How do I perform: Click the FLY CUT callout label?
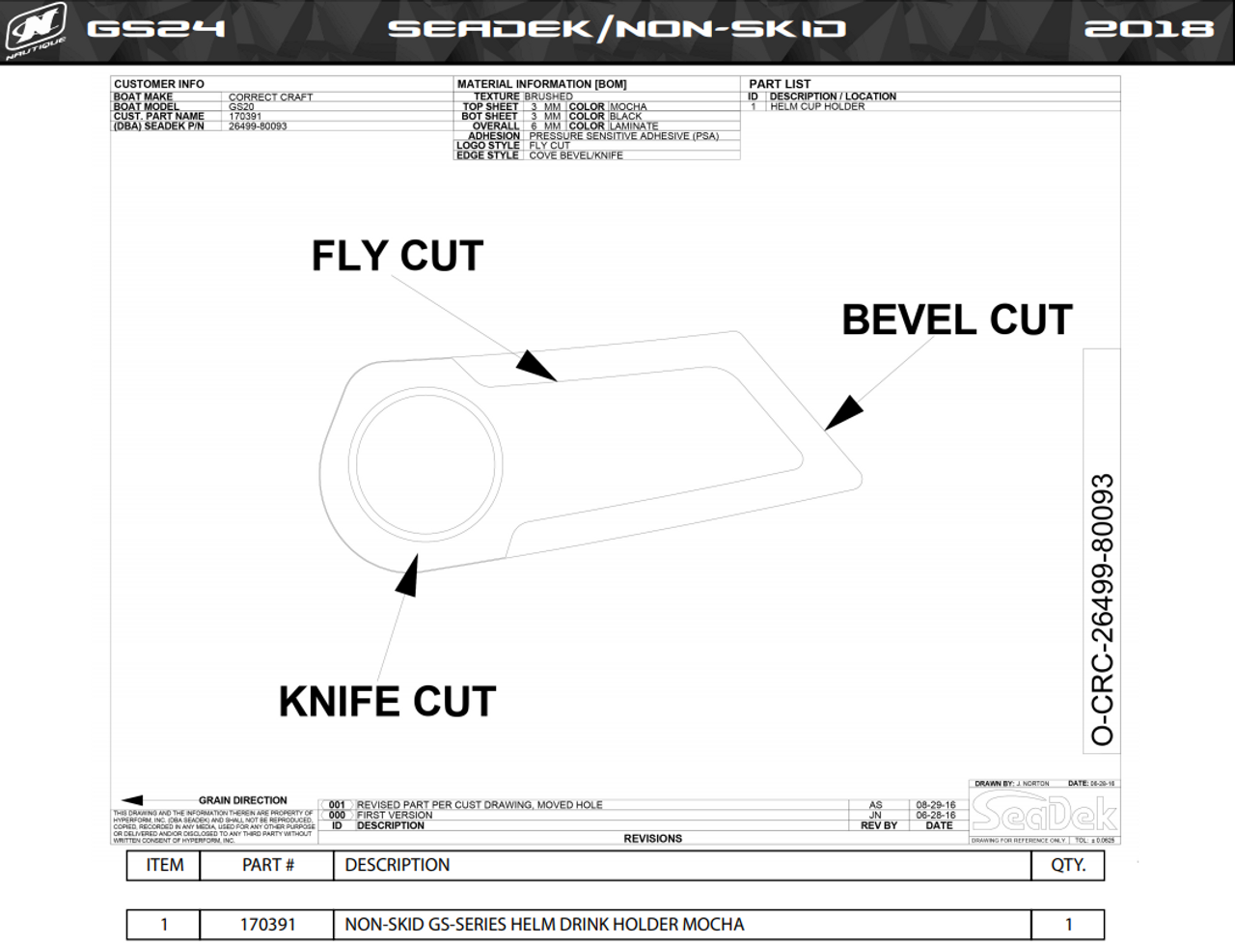coord(397,257)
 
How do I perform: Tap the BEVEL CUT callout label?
coord(956,320)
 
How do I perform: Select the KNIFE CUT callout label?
coord(387,702)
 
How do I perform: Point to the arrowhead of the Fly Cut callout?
coord(536,365)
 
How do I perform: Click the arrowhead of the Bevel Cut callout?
coord(843,412)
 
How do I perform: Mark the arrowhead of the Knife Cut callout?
coord(409,575)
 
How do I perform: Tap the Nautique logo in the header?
coord(36,29)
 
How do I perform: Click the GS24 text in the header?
coord(155,29)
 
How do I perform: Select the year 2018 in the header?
coord(1148,29)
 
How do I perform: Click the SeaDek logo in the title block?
coord(1044,814)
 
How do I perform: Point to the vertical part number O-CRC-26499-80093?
coord(1102,609)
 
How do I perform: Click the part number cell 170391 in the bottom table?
coord(267,925)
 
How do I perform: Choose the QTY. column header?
coord(1068,865)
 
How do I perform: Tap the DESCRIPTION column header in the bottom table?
coord(398,865)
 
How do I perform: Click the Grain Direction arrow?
coord(132,800)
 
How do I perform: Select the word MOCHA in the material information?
coord(628,106)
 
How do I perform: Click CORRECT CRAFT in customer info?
coord(270,97)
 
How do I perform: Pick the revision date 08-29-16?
coord(936,804)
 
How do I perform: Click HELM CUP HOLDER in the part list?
coord(817,106)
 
